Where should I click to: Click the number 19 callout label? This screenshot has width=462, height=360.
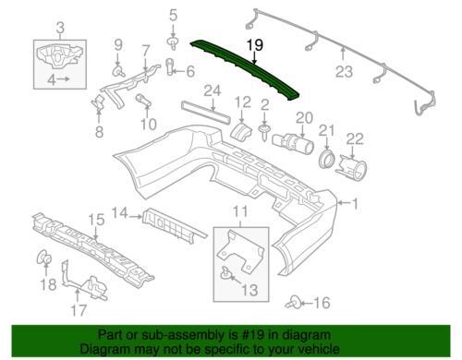(254, 43)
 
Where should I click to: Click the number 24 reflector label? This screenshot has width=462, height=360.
(213, 90)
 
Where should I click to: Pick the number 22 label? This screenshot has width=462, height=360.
(355, 138)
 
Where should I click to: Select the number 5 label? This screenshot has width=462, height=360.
(172, 14)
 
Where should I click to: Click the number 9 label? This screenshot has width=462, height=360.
(117, 44)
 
